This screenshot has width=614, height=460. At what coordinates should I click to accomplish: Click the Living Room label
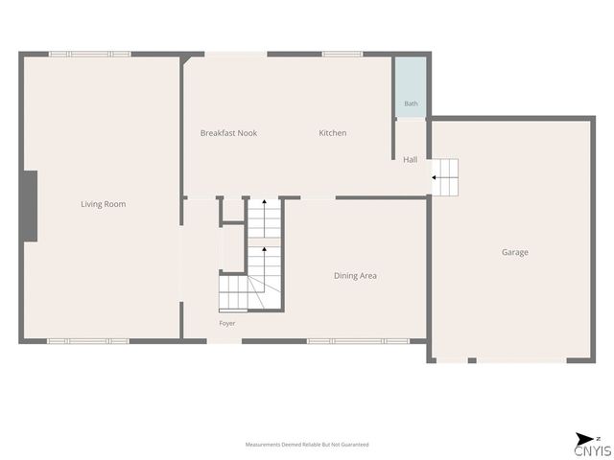pos(104,204)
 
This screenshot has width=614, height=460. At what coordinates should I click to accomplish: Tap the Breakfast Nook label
pos(228,133)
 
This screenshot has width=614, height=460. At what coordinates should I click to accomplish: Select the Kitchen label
pos(333,133)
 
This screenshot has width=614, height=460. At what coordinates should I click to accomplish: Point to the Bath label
pos(411,103)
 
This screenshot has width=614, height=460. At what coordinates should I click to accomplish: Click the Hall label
pos(410,160)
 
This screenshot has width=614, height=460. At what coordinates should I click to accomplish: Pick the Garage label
pos(515,252)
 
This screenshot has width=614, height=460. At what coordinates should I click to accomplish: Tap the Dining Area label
pos(355,276)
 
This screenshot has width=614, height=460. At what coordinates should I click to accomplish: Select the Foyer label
pos(227,324)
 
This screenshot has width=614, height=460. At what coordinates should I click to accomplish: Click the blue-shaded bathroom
pos(411,87)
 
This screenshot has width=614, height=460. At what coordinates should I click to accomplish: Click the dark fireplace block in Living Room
pos(29,206)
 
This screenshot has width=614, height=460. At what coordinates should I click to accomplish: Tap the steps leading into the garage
pos(445,177)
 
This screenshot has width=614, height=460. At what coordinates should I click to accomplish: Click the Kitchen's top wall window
pos(342,55)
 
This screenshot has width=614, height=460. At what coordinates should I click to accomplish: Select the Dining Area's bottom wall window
pos(358,341)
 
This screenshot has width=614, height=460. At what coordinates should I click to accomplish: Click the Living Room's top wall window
pos(89,55)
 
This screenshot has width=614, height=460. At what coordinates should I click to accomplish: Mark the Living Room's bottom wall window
pos(88,341)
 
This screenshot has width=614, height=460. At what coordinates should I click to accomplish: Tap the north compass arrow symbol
pos(584,439)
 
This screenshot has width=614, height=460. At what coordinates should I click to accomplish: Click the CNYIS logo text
pos(593,451)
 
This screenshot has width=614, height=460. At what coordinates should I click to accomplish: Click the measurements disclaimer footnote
pos(307,445)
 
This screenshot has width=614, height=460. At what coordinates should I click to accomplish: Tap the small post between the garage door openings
pos(472,360)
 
